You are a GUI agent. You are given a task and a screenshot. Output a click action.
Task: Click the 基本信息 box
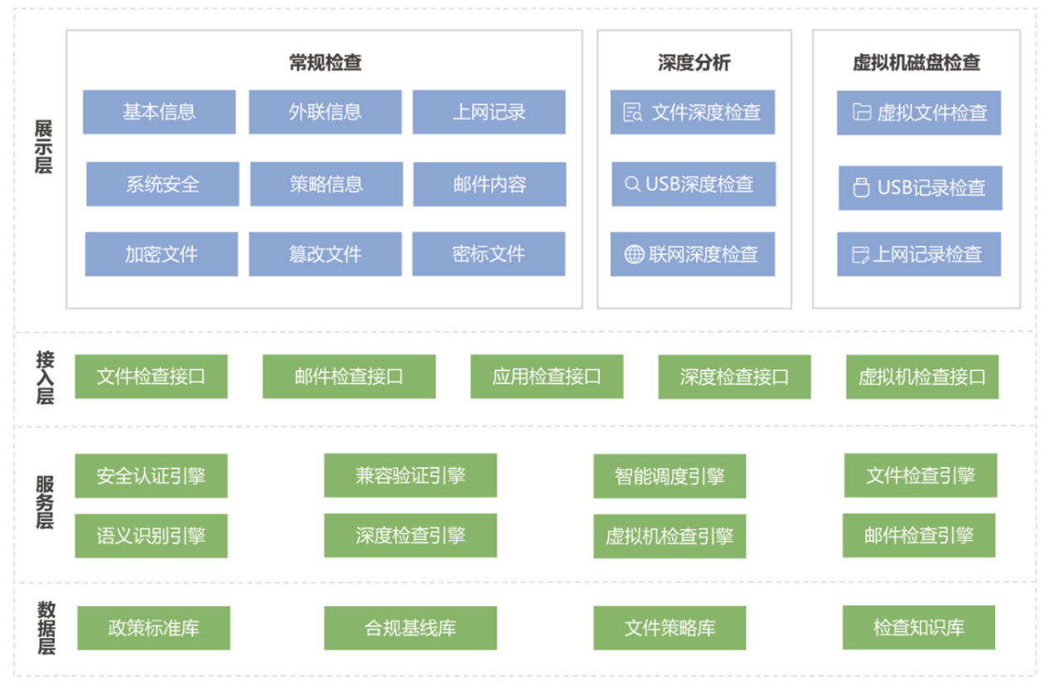159,113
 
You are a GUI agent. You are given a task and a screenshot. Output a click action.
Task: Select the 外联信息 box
325,113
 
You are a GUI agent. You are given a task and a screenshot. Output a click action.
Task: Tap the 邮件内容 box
490,185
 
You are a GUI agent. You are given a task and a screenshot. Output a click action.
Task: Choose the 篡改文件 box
325,254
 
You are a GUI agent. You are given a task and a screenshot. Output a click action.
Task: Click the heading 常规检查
325,62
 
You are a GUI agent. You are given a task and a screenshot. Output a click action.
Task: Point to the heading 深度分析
694,62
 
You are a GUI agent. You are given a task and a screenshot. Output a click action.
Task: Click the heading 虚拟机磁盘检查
916,62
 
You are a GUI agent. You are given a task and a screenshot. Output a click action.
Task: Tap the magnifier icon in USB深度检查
632,184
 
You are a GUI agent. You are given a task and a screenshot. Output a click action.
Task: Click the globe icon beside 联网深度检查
634,254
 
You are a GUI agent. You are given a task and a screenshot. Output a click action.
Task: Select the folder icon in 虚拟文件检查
862,113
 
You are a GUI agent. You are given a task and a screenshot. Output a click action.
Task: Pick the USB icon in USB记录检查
861,188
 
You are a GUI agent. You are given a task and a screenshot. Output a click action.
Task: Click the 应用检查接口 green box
547,377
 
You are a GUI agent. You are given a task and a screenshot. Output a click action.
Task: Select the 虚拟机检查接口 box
922,377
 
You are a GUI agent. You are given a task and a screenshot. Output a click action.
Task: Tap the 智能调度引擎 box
670,476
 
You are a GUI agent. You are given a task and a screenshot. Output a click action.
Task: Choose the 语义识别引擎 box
152,536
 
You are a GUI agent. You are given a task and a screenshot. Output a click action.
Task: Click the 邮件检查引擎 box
919,536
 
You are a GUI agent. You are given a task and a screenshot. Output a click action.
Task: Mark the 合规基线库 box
410,628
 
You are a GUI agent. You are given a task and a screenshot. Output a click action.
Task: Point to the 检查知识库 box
919,628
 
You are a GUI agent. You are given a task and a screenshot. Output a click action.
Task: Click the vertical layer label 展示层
44,147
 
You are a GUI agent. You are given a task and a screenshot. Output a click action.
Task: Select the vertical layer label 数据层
46,628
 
